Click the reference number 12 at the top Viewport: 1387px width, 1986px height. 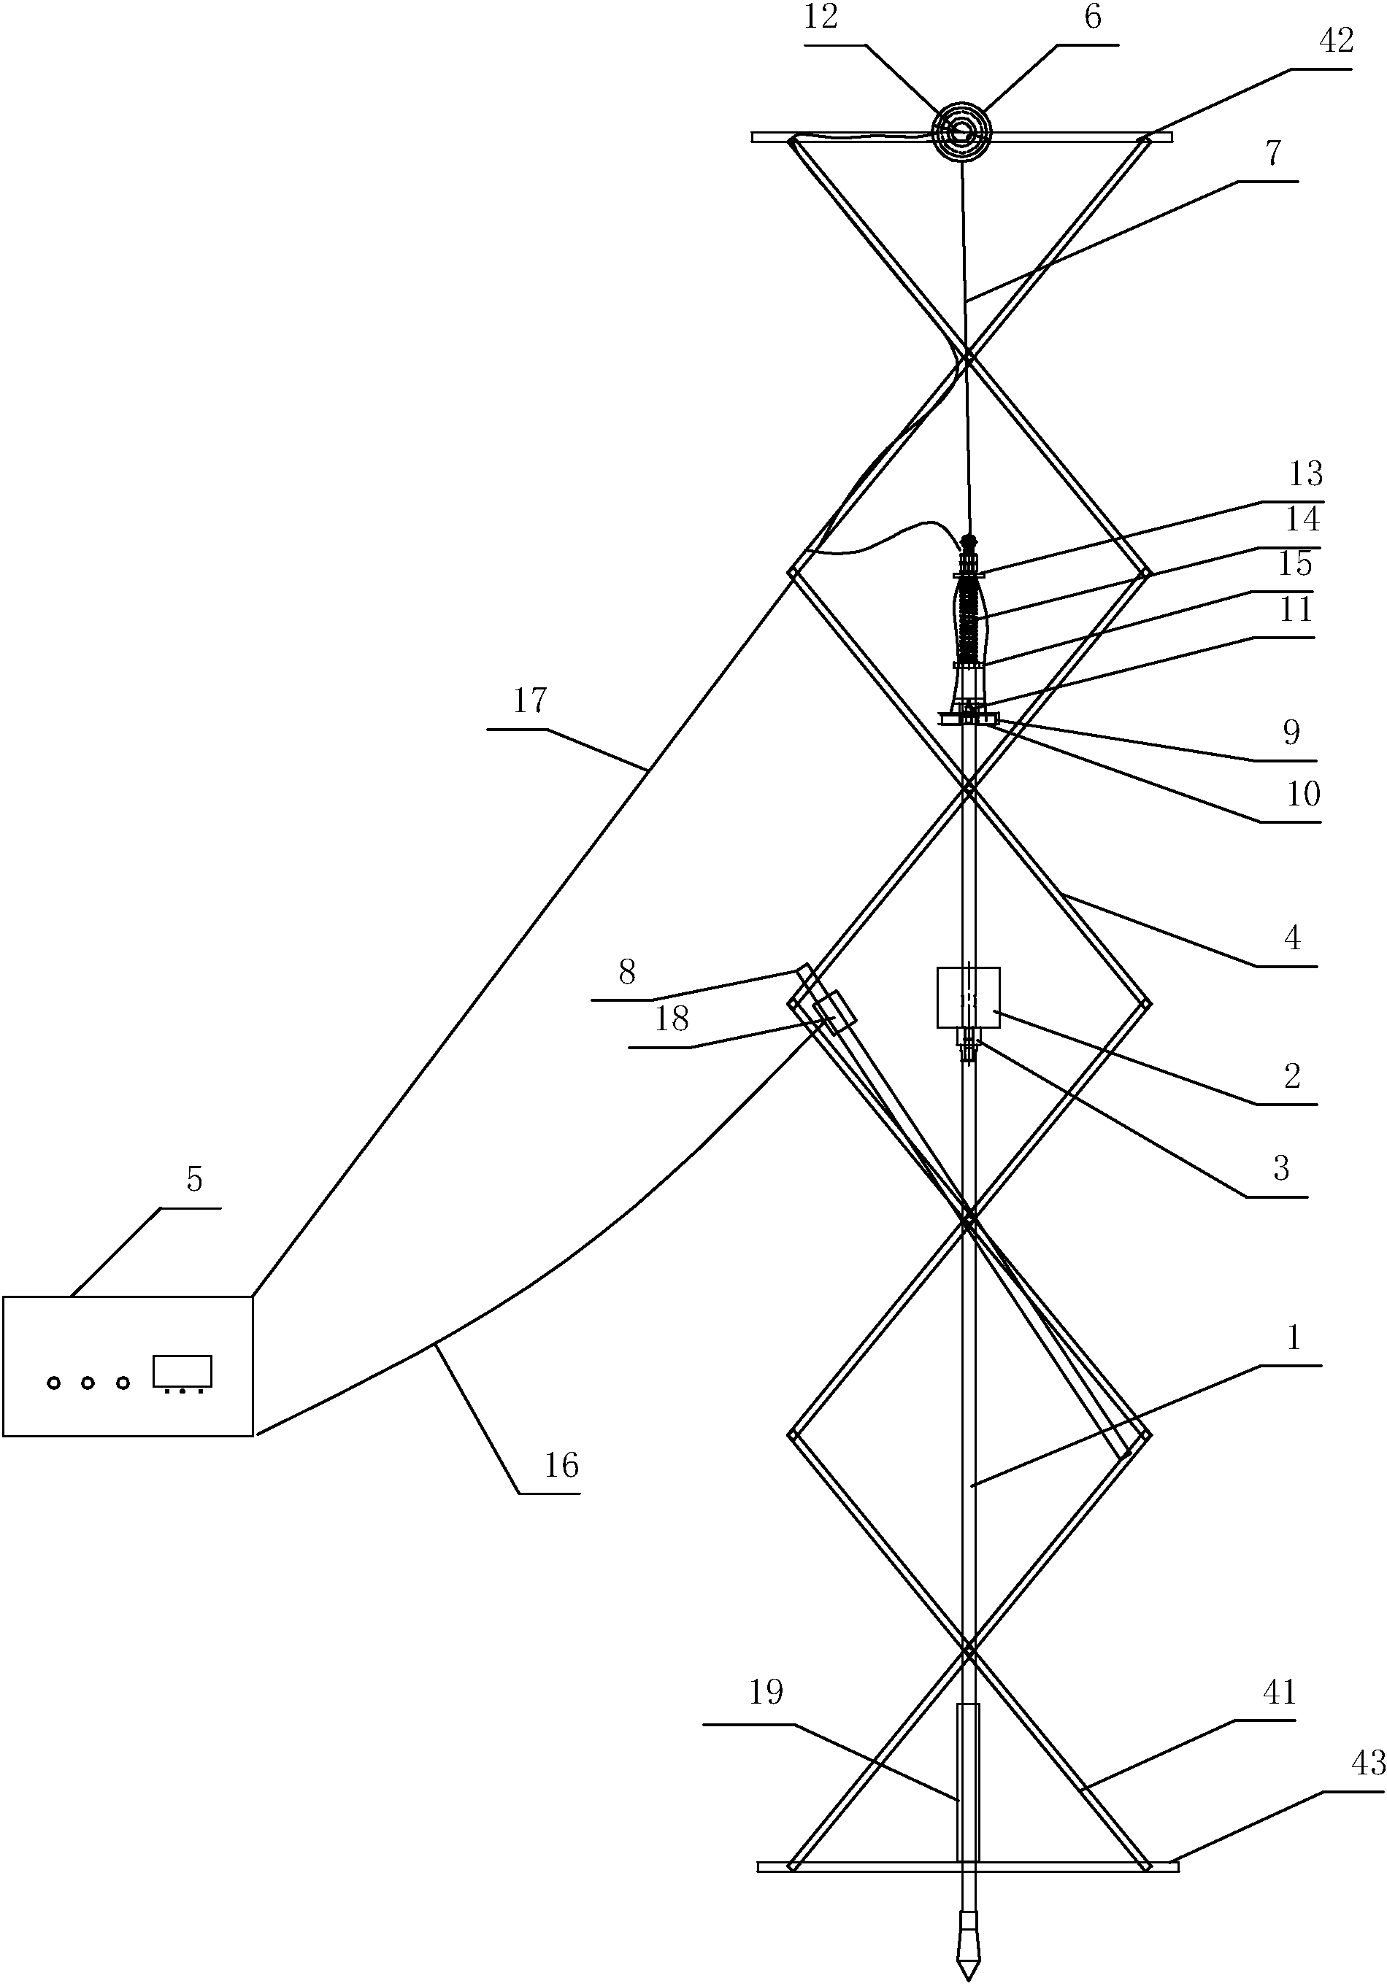point(821,18)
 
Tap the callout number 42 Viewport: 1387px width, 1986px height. point(1336,41)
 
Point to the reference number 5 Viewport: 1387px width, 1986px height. point(194,1179)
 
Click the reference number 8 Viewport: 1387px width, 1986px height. point(627,973)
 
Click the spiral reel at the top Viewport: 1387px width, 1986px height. point(961,132)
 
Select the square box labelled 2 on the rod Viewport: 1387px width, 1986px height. point(968,997)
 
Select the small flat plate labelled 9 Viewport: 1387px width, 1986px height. point(968,719)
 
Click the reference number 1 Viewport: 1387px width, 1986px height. point(1294,1338)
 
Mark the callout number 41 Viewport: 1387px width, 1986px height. point(1279,1691)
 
